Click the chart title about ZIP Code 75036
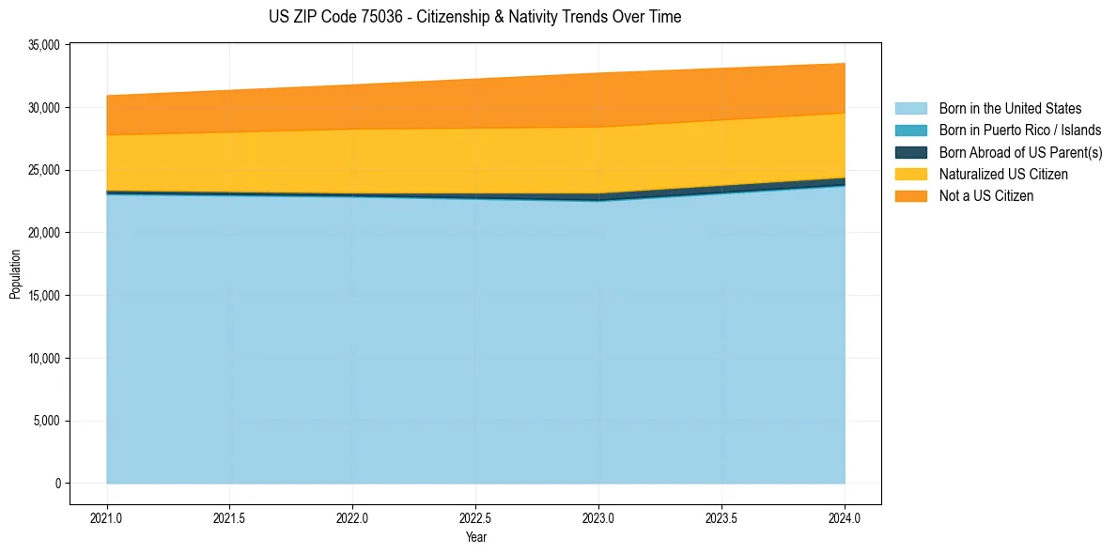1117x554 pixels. [474, 17]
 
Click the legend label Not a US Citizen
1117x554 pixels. [985, 196]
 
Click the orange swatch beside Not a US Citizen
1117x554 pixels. [910, 196]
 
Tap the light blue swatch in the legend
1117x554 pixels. [910, 109]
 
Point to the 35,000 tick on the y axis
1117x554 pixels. [45, 45]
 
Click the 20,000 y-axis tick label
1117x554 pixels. [45, 233]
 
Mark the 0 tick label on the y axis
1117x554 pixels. [57, 484]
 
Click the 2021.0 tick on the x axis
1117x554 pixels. [107, 517]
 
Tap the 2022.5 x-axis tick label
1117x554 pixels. [475, 517]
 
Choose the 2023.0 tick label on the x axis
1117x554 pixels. [598, 517]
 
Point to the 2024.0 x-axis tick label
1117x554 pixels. [845, 517]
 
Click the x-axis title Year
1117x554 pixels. [475, 538]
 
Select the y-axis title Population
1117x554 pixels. [15, 273]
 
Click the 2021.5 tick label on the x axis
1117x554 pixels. [230, 517]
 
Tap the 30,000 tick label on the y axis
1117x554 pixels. [45, 108]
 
